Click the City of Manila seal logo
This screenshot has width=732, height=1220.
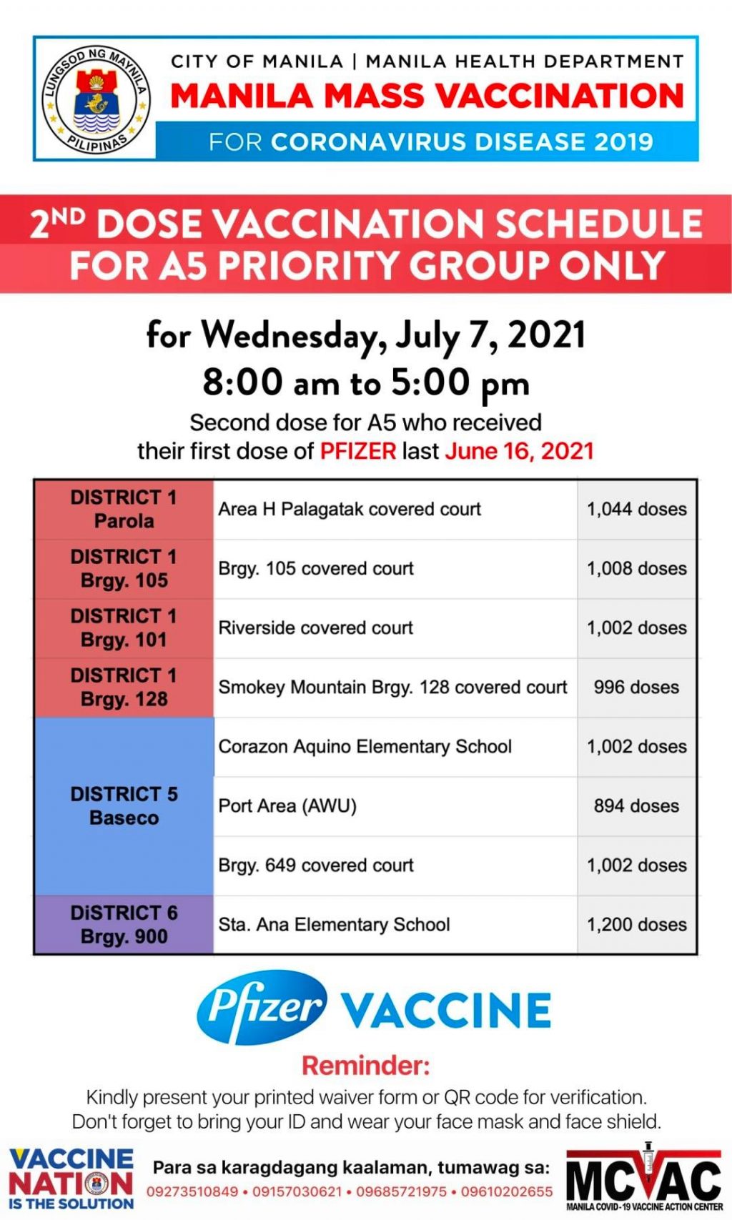click(x=96, y=99)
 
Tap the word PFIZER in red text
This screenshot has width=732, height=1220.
click(x=357, y=451)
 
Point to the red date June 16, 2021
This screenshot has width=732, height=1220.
click(x=519, y=451)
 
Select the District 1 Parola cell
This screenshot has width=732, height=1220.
click(x=124, y=509)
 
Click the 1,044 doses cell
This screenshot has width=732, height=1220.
click(x=636, y=509)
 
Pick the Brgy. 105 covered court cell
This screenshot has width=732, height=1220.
click(x=316, y=568)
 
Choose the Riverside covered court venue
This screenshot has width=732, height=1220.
click(x=316, y=628)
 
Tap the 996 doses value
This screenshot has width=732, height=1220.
click(x=636, y=687)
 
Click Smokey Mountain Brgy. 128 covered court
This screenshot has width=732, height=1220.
click(x=392, y=687)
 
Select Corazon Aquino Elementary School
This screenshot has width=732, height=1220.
click(x=365, y=746)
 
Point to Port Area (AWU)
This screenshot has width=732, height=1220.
click(x=287, y=805)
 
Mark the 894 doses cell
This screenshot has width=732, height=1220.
click(x=636, y=805)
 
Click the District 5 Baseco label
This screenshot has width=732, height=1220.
click(x=124, y=805)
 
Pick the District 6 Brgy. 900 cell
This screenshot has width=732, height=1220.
click(x=124, y=924)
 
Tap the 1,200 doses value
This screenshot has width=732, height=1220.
click(x=636, y=924)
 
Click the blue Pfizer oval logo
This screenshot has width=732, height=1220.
click(x=262, y=1007)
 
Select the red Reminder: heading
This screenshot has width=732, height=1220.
click(x=365, y=1065)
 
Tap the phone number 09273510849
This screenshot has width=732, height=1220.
click(x=192, y=1191)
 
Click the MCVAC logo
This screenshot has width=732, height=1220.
click(x=643, y=1179)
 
